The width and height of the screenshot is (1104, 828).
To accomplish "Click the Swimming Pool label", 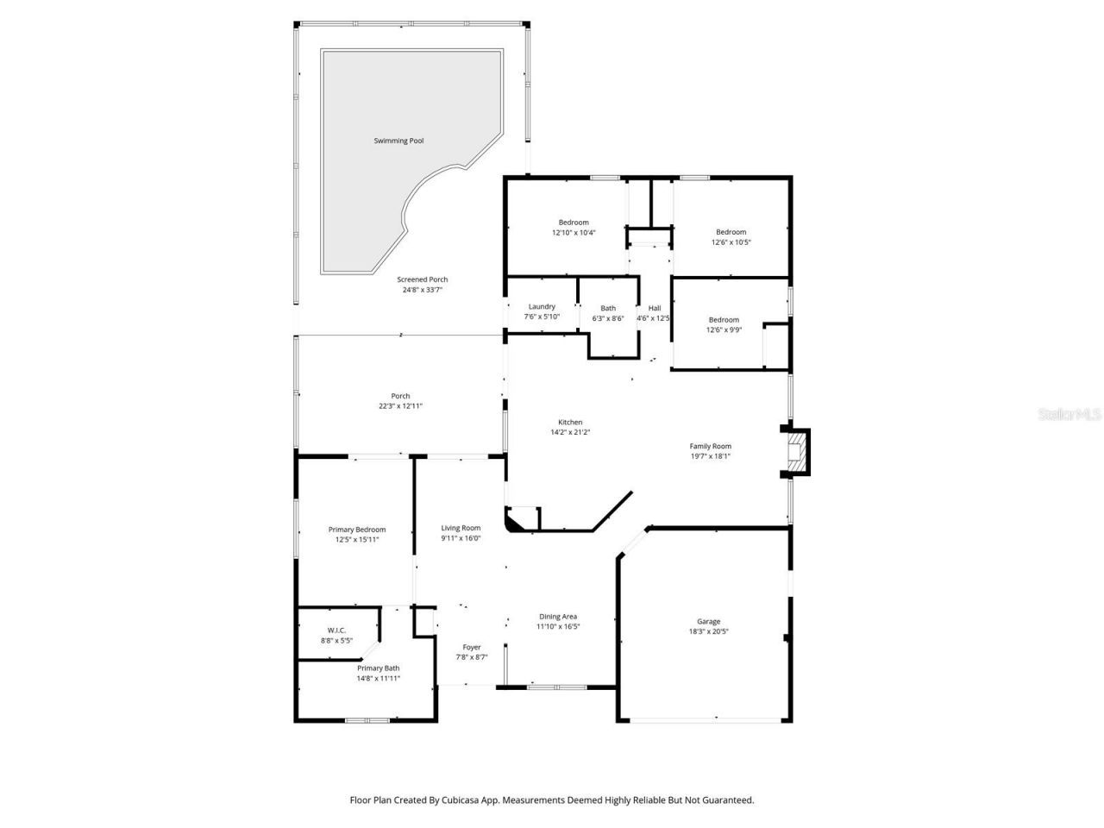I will tap(398, 141).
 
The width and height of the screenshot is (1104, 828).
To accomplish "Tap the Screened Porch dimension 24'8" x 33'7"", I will tap(423, 290).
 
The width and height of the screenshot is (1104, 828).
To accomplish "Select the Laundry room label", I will tap(542, 307).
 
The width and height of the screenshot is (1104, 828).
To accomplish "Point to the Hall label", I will tap(655, 308).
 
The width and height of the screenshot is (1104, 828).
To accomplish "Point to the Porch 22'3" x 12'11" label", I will tap(400, 401).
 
